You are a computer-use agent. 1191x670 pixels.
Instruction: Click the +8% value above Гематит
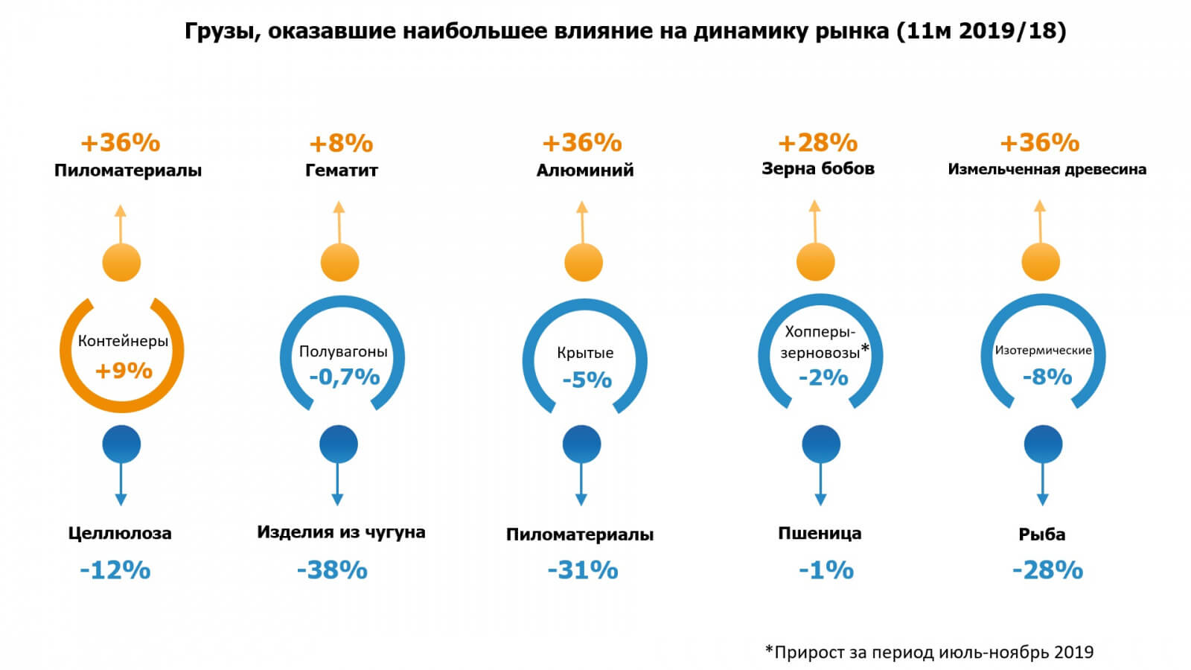(x=341, y=143)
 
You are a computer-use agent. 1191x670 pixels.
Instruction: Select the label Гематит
(x=342, y=170)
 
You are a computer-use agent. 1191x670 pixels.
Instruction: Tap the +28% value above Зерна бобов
(x=817, y=142)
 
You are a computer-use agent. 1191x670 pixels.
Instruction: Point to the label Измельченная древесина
(x=1047, y=170)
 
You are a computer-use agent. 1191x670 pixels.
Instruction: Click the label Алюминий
(x=585, y=170)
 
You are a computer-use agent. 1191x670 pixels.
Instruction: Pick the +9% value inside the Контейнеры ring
(x=124, y=371)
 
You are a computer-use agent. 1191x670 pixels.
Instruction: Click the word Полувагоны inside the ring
(x=343, y=351)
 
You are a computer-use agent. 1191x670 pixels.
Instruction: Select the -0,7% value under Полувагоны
(x=344, y=377)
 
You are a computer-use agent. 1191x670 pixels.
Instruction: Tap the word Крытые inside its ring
(x=585, y=353)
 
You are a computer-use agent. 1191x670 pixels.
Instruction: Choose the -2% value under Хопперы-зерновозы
(x=823, y=378)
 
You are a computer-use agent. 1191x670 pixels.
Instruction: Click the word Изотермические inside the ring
(x=1043, y=351)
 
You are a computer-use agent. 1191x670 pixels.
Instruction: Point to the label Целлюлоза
(x=120, y=534)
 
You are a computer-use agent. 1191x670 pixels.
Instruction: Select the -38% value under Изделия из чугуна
(x=332, y=570)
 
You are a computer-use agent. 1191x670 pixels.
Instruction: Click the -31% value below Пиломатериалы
(x=583, y=570)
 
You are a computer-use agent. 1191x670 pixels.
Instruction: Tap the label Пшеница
(x=820, y=534)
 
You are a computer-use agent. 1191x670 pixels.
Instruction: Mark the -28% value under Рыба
(x=1047, y=570)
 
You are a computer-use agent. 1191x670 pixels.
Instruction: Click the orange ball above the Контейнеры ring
(x=121, y=262)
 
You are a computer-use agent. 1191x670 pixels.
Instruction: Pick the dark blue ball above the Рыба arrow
(x=1043, y=444)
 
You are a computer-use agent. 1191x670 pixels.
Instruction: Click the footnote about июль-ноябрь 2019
(x=930, y=653)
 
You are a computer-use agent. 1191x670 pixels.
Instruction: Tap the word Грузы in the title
(x=222, y=31)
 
